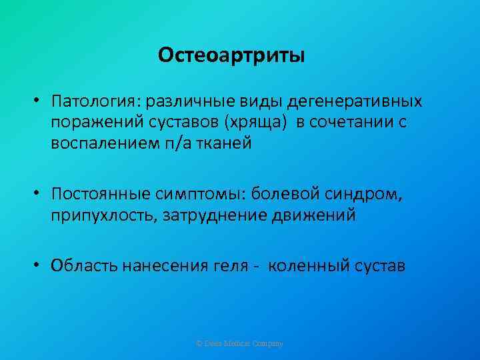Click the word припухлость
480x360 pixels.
[101, 216]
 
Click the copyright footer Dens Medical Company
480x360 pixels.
[240, 343]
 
